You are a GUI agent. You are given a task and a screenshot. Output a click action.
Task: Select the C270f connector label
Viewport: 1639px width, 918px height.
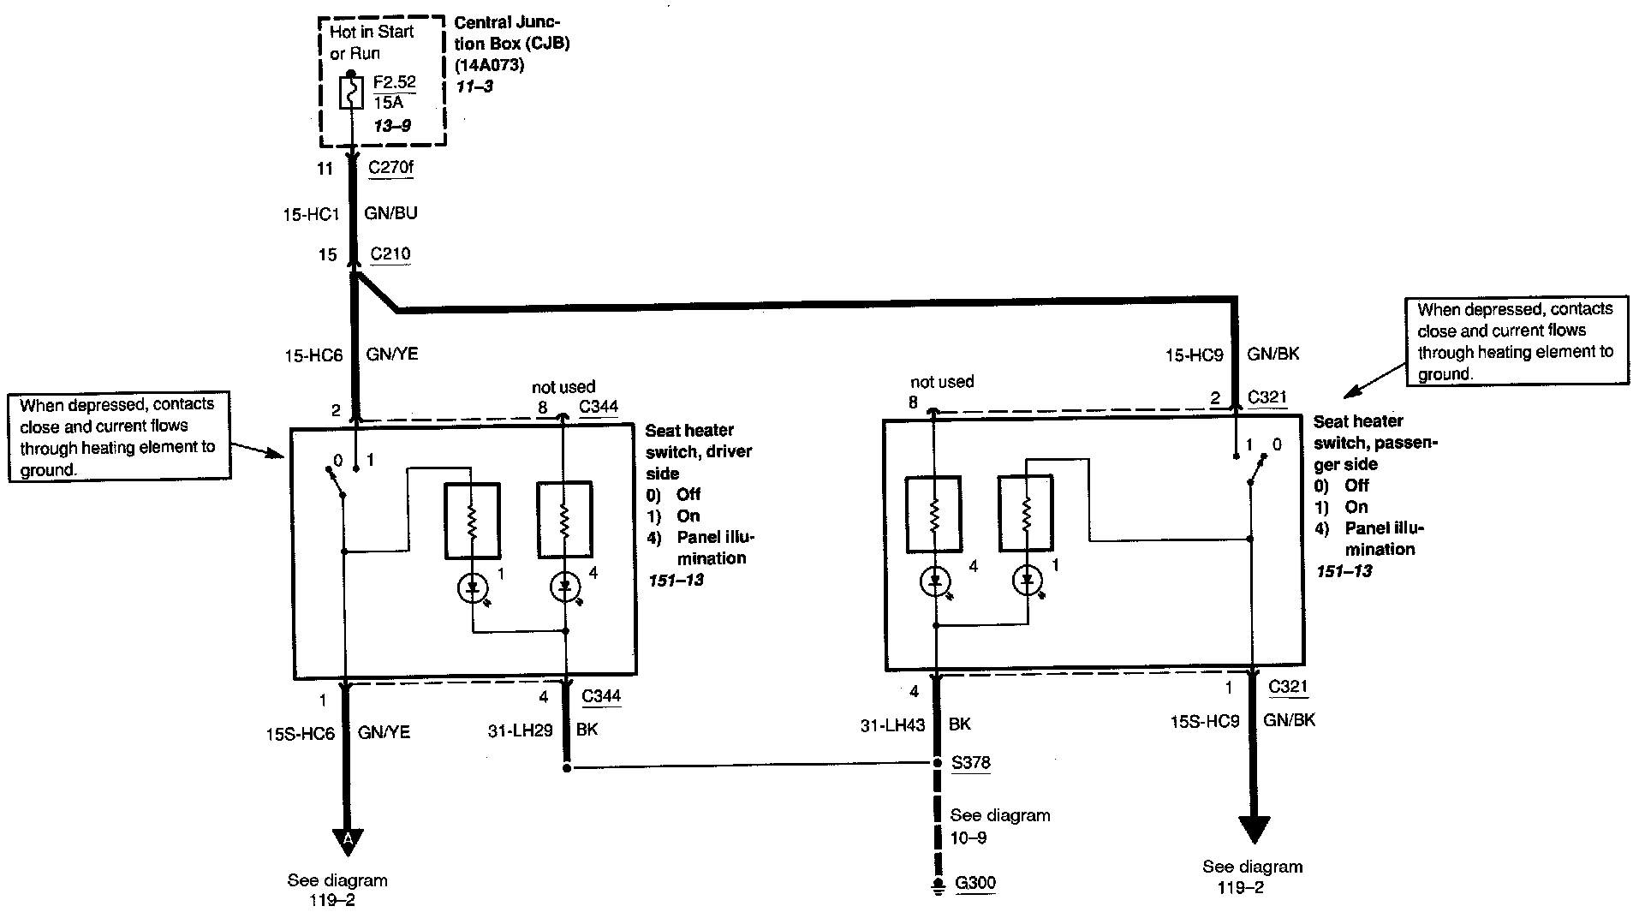point(390,167)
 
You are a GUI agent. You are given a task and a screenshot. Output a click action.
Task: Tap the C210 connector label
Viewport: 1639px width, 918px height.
point(390,254)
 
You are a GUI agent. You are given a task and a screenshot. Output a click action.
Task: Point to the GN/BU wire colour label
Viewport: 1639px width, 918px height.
point(391,213)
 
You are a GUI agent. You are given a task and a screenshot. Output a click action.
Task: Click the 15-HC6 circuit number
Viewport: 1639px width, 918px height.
point(313,354)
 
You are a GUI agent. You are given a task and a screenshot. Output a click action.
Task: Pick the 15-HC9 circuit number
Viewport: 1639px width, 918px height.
point(1194,354)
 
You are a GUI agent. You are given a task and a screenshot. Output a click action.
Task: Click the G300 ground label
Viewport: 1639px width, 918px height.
point(974,883)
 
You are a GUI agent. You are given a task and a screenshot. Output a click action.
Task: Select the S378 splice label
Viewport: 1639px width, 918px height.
point(970,762)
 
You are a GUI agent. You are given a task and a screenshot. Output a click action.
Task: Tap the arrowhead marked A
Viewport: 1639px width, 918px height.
point(348,840)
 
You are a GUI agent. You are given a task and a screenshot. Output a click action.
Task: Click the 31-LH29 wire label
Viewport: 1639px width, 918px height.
point(520,730)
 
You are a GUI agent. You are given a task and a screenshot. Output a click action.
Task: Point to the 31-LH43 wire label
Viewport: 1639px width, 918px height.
point(892,724)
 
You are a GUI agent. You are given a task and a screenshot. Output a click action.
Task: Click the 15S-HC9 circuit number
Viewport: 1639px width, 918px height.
point(1205,722)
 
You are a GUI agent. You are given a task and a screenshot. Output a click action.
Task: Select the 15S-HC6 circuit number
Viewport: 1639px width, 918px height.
point(300,733)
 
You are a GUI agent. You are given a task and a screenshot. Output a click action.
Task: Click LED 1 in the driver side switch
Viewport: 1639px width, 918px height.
point(472,587)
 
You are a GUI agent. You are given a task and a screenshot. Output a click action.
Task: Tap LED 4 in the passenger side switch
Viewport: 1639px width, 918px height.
point(935,581)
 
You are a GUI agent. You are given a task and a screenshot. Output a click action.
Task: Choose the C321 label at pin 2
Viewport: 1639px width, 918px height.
point(1266,397)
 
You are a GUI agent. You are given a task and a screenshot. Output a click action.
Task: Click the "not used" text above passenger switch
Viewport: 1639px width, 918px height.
point(942,382)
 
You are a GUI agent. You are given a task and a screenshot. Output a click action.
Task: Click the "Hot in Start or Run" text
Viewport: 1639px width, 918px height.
point(372,43)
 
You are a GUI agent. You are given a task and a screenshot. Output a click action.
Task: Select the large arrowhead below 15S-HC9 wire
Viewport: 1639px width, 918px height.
point(1253,828)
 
